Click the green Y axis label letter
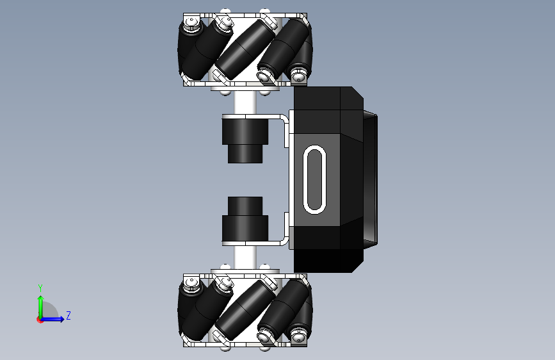(x=40, y=288)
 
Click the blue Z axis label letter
(x=68, y=315)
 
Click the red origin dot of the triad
(x=40, y=320)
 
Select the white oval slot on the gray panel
(x=315, y=179)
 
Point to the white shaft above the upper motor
(x=245, y=102)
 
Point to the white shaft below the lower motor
(x=245, y=258)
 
